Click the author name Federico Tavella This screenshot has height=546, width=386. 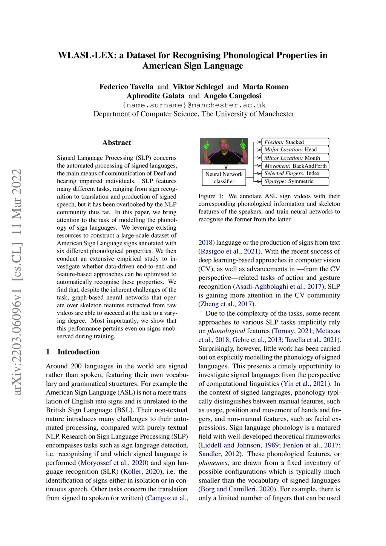click(x=126, y=87)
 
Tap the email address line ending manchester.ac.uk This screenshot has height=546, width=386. click(x=194, y=105)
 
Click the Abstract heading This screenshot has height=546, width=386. click(x=117, y=143)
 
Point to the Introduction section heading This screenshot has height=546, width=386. click(x=78, y=352)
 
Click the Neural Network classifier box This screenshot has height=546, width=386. click(x=224, y=178)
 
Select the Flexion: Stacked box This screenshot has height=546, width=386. click(x=295, y=142)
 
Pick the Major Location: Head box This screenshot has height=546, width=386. click(x=295, y=150)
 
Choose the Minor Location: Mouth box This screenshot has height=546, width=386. click(x=295, y=158)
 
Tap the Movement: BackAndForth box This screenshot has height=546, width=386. click(x=295, y=166)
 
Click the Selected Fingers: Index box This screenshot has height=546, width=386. click(x=295, y=173)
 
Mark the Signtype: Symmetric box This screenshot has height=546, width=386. click(x=295, y=181)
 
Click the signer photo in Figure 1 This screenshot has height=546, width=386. click(x=224, y=151)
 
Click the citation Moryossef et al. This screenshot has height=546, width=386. click(x=104, y=463)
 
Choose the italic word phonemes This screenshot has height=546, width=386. click(x=213, y=463)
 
